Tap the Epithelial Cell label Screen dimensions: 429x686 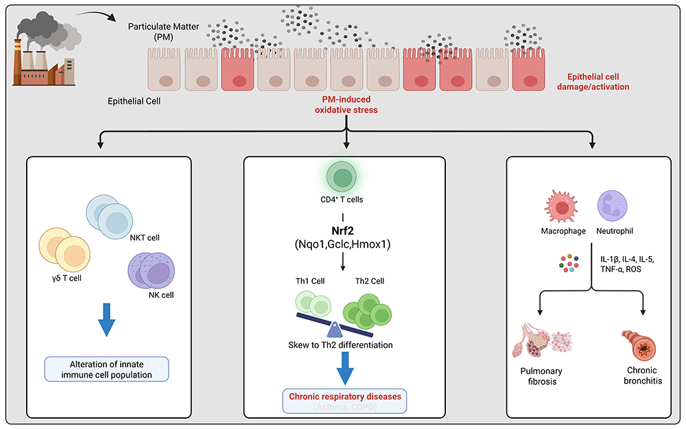pos(134,102)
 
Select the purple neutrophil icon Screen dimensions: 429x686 pos(610,205)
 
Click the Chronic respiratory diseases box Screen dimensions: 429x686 pos(345,401)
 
